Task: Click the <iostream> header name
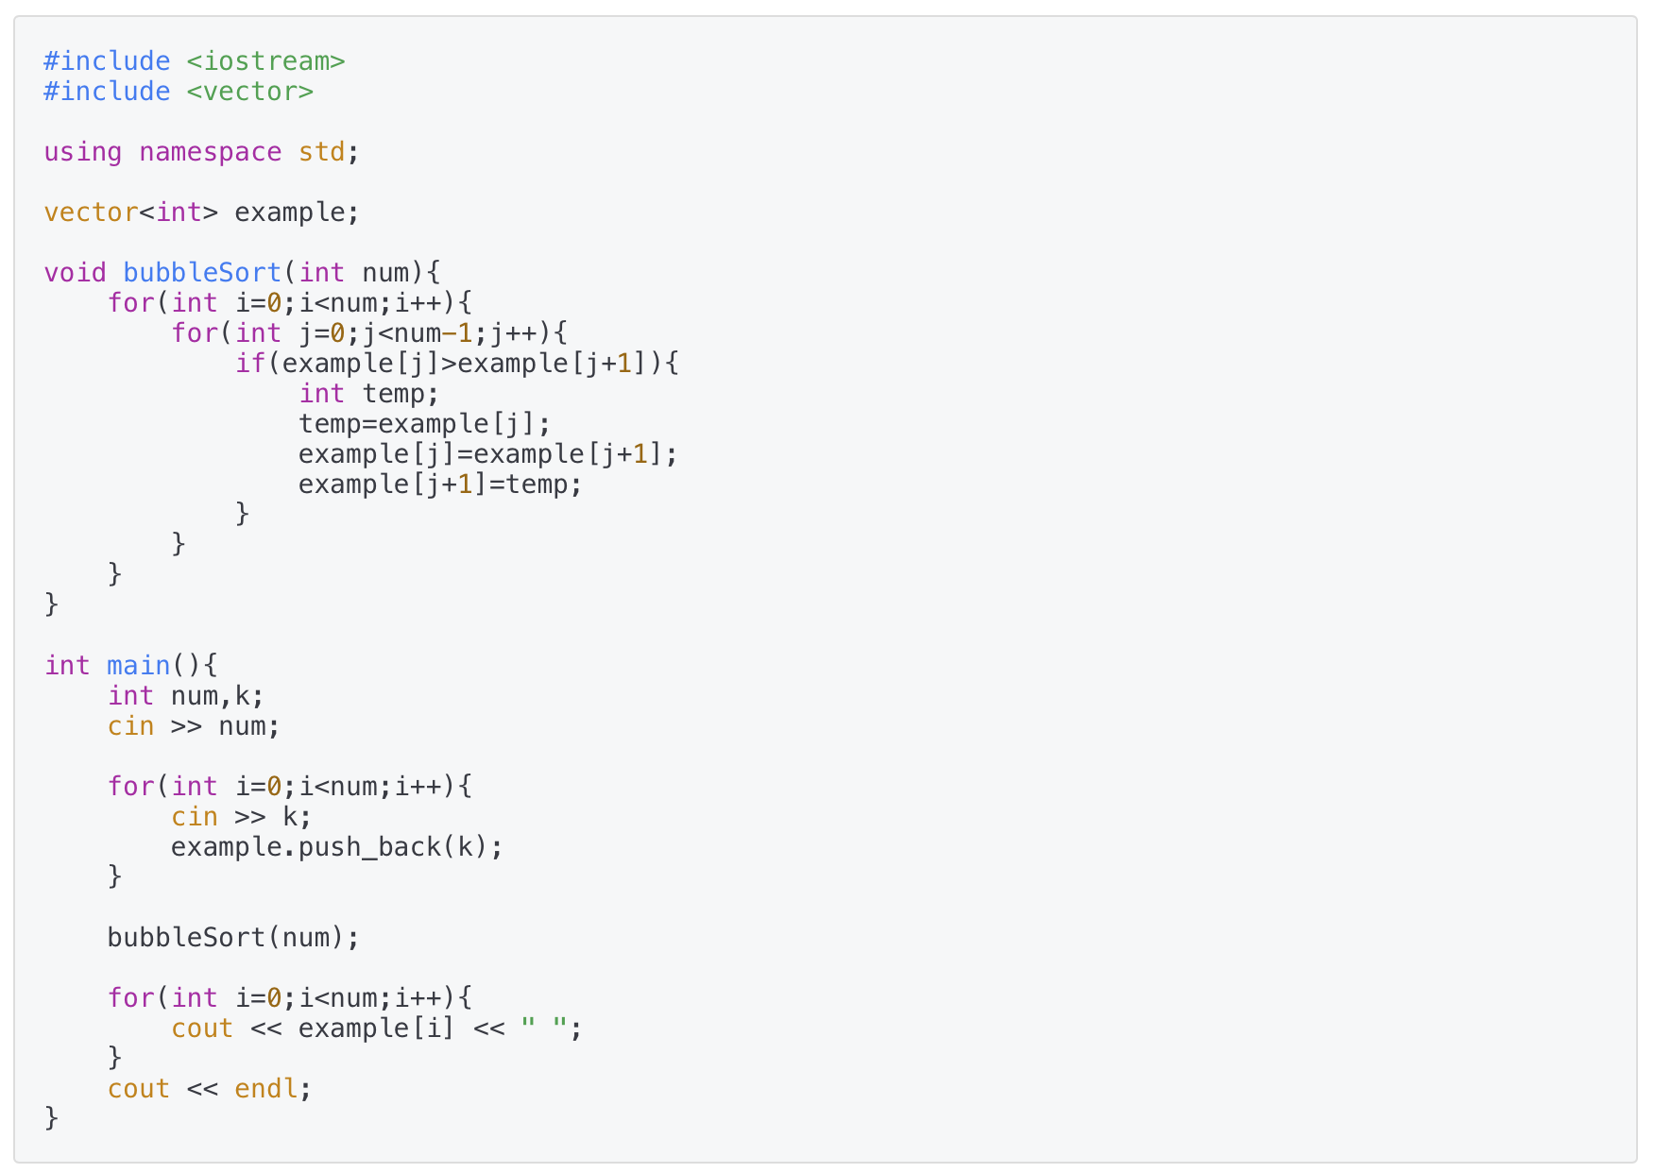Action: tap(265, 61)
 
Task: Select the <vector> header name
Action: tap(249, 92)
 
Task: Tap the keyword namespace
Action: tap(210, 152)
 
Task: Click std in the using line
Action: tap(321, 152)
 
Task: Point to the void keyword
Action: tap(75, 273)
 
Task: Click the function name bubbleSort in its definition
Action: tap(202, 273)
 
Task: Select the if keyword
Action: tap(249, 364)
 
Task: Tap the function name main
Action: tap(138, 666)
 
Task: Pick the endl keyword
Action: tap(265, 1089)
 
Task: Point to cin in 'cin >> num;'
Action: tap(130, 726)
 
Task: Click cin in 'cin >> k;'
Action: tap(194, 817)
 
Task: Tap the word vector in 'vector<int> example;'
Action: tap(91, 212)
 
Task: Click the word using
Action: tap(82, 152)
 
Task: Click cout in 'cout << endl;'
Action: tap(138, 1089)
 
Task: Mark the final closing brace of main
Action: tap(51, 1119)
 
